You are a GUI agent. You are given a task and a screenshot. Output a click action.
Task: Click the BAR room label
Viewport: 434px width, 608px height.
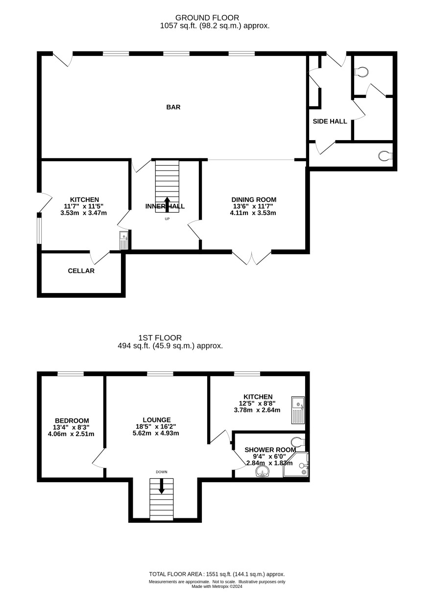(173, 107)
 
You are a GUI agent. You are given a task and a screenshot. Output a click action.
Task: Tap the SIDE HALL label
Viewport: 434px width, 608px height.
(330, 122)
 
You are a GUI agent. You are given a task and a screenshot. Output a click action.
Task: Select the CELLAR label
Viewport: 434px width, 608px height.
(81, 271)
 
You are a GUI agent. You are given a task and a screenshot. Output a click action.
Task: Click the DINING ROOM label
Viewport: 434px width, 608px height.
(254, 200)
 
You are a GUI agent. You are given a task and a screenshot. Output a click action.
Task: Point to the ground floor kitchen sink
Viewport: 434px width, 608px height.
(124, 240)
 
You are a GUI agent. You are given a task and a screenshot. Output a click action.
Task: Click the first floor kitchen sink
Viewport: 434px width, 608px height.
(298, 410)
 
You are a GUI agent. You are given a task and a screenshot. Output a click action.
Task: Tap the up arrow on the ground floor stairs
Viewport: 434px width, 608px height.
(167, 205)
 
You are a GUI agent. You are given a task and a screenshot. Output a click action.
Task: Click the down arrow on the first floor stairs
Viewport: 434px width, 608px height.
(162, 486)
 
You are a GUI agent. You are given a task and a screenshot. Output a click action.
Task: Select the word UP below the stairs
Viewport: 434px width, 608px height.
(167, 219)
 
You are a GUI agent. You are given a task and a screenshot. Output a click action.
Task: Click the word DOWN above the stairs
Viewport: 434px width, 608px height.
(162, 472)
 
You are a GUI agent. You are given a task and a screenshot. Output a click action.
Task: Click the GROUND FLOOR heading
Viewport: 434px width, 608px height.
(207, 18)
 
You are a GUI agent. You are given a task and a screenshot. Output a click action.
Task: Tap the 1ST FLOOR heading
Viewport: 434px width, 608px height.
(160, 338)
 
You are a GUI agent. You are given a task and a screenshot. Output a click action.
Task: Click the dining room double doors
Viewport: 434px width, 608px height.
(252, 258)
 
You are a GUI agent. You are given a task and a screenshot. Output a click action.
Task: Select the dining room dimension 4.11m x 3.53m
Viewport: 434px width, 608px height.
(253, 213)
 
